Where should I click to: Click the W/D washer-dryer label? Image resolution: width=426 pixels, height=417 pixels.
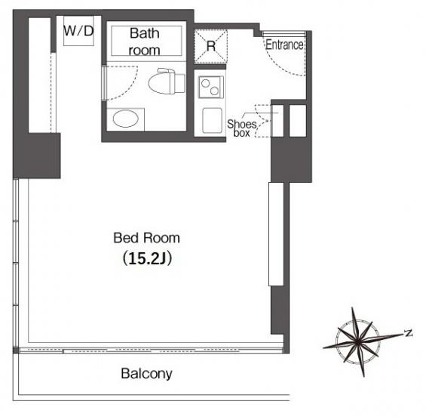tap(78, 31)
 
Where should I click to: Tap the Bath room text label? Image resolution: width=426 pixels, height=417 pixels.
tap(145, 42)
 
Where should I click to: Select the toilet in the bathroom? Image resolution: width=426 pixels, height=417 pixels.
tap(167, 81)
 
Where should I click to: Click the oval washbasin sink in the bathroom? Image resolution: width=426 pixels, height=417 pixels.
tap(125, 119)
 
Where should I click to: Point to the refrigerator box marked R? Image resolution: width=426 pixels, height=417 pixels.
tap(211, 47)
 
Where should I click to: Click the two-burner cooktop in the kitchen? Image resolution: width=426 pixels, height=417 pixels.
tap(211, 87)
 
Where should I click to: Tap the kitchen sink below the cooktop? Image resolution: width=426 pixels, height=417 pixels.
tap(212, 120)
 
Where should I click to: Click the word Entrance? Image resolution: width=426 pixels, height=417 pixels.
tap(284, 45)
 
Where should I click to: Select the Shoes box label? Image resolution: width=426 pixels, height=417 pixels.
tap(241, 128)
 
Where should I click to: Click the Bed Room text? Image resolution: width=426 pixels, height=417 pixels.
tap(146, 238)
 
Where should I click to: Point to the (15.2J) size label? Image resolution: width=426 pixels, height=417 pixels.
tap(147, 258)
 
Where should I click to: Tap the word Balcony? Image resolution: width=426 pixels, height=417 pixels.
tap(146, 374)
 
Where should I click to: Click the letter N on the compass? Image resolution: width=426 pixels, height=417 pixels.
tap(408, 333)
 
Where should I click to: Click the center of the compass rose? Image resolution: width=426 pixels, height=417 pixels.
tap(357, 341)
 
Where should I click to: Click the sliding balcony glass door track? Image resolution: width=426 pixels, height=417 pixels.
tap(151, 351)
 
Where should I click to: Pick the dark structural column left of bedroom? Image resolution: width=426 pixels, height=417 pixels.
tap(37, 156)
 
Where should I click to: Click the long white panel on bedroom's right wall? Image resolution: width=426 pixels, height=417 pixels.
tap(276, 234)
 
